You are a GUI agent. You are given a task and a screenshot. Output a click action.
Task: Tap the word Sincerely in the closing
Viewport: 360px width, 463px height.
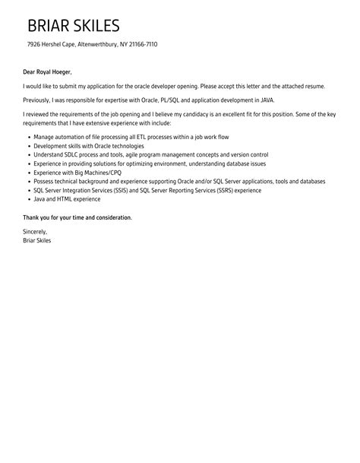tap(36, 230)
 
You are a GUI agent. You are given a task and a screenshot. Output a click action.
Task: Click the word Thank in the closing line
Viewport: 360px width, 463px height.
tap(32, 217)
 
